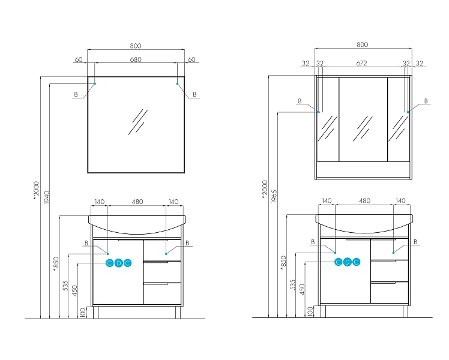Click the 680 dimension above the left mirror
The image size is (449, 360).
click(x=136, y=59)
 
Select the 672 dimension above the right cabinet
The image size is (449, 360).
click(x=362, y=63)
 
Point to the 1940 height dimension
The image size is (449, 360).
click(x=47, y=197)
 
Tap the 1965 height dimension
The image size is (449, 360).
click(x=274, y=196)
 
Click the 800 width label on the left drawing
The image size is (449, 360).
click(x=136, y=46)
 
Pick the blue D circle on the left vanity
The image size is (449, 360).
click(x=118, y=263)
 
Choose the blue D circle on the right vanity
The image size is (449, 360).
click(x=347, y=262)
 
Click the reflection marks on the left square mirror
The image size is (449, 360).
click(x=137, y=122)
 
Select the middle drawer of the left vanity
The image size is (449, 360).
click(x=162, y=272)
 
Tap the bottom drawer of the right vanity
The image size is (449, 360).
click(x=390, y=292)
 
